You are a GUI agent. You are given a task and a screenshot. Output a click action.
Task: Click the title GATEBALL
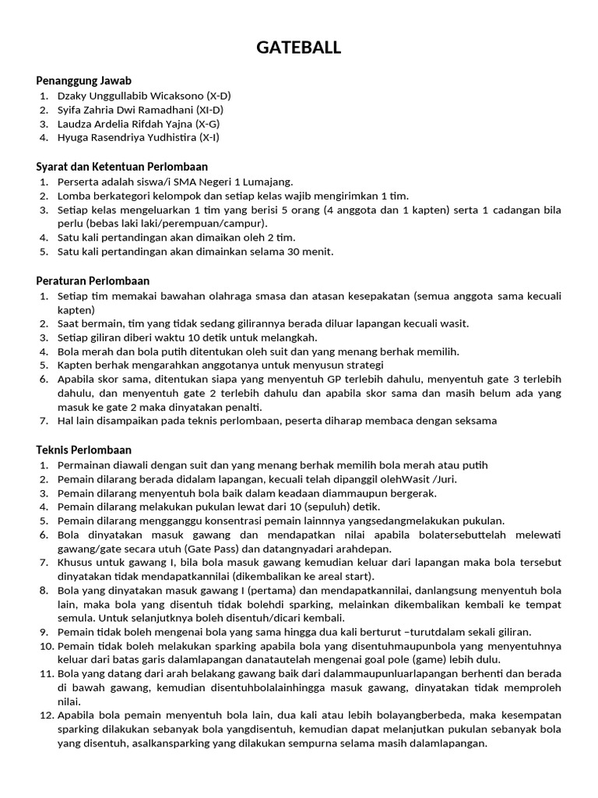click(299, 48)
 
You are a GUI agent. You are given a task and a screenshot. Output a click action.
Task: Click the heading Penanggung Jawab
click(83, 80)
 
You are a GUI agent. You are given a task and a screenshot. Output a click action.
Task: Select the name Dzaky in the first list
click(72, 96)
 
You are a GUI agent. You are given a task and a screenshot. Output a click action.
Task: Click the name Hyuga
click(73, 138)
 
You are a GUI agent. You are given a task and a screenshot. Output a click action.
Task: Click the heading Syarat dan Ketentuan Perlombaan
click(121, 167)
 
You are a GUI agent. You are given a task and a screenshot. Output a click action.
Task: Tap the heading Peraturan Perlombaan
click(93, 281)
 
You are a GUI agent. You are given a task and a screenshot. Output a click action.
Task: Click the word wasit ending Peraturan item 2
click(452, 323)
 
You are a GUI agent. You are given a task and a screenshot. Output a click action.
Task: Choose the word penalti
click(241, 407)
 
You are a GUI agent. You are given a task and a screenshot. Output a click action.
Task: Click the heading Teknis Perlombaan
click(84, 450)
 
